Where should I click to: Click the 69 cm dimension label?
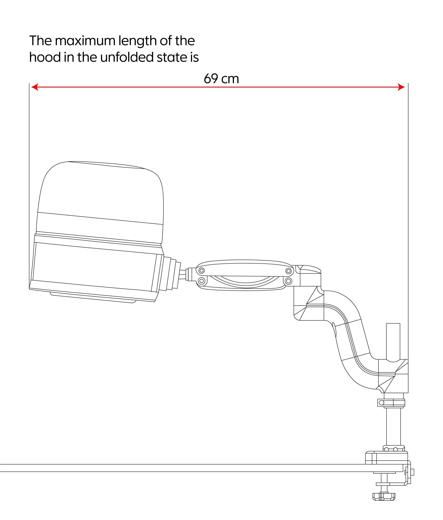(x=221, y=79)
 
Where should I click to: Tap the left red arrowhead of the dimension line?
(x=35, y=87)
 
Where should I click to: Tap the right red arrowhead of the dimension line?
(x=401, y=87)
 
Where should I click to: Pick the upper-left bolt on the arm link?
(x=202, y=271)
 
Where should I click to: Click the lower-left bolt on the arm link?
(x=201, y=281)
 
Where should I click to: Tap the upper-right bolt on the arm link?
(x=289, y=271)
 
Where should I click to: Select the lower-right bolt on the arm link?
(x=289, y=281)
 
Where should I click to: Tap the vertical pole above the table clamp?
(x=393, y=427)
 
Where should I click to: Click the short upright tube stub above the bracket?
(x=393, y=341)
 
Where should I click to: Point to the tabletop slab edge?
(x=176, y=468)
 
